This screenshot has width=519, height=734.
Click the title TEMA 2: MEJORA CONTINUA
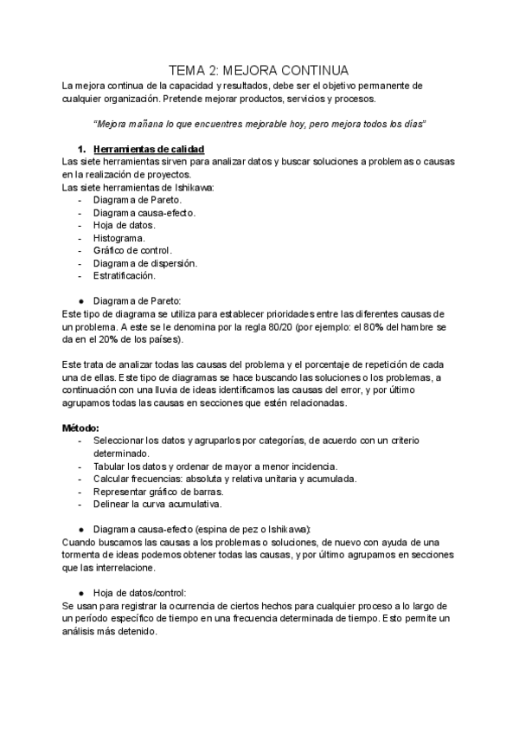point(259,70)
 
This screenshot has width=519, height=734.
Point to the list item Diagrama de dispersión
point(144,263)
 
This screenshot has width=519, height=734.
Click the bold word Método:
point(81,428)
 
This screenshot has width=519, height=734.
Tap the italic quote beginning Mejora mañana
point(259,124)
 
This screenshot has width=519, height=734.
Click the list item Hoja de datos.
point(124,225)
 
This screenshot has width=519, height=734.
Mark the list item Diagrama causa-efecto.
point(144,212)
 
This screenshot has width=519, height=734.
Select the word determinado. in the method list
point(121,454)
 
